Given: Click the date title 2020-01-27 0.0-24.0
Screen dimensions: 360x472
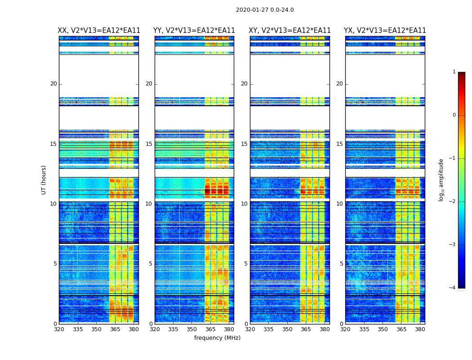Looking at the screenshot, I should click(265, 10).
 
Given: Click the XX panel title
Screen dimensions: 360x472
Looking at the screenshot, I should click(99, 31).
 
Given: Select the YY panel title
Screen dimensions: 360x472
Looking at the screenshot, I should click(194, 31).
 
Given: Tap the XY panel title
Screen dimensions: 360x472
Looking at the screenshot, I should click(290, 31).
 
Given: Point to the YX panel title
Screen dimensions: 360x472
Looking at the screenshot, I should click(385, 31).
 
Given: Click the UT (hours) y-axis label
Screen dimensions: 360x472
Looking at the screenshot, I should click(44, 180).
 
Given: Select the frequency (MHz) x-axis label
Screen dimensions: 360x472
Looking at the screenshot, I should click(217, 338).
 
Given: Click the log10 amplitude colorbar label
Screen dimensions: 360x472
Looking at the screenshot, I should click(441, 180).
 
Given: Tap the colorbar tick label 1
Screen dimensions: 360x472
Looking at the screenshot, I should click(454, 72).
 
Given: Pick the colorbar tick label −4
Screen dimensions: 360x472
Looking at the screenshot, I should click(453, 288).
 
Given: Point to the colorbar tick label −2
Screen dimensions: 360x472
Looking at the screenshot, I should click(453, 202).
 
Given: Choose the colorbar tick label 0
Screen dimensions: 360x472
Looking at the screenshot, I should click(454, 115).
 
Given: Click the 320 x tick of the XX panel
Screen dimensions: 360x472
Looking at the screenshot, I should click(59, 329).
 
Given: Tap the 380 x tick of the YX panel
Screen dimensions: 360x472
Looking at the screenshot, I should click(420, 329).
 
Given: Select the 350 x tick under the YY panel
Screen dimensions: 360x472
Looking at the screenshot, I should click(192, 329).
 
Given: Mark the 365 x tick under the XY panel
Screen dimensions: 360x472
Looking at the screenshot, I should click(306, 329).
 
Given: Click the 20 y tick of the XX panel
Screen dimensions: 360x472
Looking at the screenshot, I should click(53, 84).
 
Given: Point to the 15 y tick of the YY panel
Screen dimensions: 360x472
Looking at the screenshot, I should click(149, 144).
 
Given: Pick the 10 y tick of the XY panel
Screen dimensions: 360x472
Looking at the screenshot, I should click(244, 204).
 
